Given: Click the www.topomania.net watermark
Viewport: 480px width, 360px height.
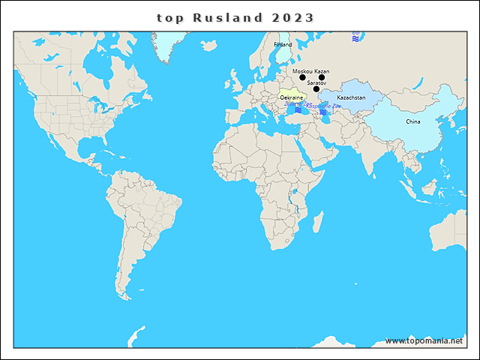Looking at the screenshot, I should pos(424,340).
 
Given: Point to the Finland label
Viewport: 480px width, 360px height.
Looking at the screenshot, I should pos(283,44).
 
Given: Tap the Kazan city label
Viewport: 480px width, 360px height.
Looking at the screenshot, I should pos(322,70).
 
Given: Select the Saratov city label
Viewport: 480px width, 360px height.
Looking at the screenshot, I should pos(316,82).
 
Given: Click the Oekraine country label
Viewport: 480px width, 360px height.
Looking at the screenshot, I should pos(291,97).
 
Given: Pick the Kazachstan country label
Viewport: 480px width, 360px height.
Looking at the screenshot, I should pos(351,98).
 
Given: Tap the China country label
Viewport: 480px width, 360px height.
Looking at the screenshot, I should pos(413,121).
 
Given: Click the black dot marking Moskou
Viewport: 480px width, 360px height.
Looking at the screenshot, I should pos(302,77).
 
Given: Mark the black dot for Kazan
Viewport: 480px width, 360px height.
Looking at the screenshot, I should pos(322,77).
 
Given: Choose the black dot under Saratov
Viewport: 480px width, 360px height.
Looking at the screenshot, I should pos(316,89).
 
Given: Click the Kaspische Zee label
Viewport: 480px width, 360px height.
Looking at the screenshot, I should pos(324,106).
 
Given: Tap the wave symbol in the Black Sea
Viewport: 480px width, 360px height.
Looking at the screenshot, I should pos(298,110).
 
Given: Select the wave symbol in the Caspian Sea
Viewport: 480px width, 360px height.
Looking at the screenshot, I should pos(323,112).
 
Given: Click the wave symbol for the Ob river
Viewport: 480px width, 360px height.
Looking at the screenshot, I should pos(355,36).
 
